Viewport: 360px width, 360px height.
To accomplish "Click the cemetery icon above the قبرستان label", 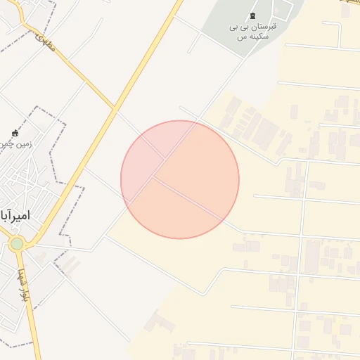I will click(x=253, y=16).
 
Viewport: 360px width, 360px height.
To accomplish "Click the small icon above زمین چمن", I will click(x=15, y=133).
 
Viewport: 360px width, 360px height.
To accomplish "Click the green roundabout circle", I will click(x=17, y=244).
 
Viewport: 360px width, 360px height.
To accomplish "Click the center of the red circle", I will click(x=180, y=179).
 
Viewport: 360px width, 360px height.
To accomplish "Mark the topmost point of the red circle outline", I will click(x=180, y=120).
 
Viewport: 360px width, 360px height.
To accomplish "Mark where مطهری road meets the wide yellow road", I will click(x=114, y=108).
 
